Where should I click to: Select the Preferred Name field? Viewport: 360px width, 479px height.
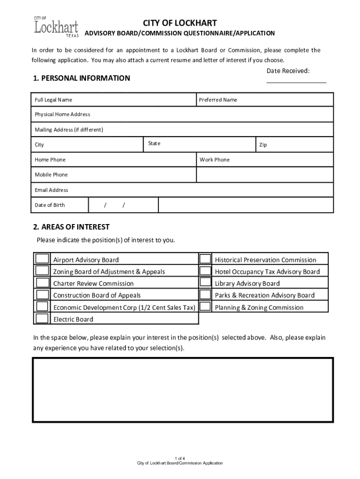pyautogui.click(x=265, y=100)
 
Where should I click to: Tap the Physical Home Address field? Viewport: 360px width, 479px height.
pyautogui.click(x=183, y=115)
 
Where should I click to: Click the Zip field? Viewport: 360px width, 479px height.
pyautogui.click(x=294, y=145)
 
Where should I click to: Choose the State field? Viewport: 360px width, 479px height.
pyautogui.click(x=199, y=144)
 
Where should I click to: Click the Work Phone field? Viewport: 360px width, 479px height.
pyautogui.click(x=265, y=160)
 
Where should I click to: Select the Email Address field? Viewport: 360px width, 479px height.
pyautogui.click(x=183, y=190)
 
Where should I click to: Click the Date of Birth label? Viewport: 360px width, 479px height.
pyautogui.click(x=50, y=205)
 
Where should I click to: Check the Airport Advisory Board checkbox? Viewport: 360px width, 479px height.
pyautogui.click(x=43, y=259)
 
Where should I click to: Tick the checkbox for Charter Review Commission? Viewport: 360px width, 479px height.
pyautogui.click(x=43, y=283)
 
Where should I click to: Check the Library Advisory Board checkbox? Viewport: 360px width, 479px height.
pyautogui.click(x=205, y=283)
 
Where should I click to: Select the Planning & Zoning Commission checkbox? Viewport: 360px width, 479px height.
pyautogui.click(x=205, y=307)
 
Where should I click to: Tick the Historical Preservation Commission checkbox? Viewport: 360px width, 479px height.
pyautogui.click(x=205, y=259)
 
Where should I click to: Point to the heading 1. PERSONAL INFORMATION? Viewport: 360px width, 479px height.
pyautogui.click(x=82, y=78)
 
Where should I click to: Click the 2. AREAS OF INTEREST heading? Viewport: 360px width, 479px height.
pyautogui.click(x=72, y=227)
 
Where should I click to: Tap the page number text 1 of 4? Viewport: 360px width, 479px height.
pyautogui.click(x=180, y=457)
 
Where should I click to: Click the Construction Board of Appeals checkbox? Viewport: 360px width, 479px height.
pyautogui.click(x=43, y=295)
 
